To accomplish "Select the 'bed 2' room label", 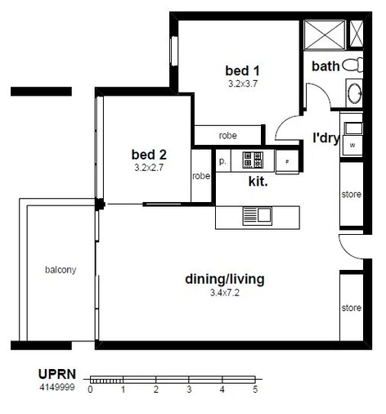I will [x=148, y=154].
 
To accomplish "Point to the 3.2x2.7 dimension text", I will [x=148, y=167].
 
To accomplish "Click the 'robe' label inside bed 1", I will [x=228, y=136].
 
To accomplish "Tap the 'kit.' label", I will [x=258, y=182].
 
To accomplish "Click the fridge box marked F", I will [x=287, y=161].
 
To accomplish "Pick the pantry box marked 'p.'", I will [x=222, y=161].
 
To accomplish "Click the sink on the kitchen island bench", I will [x=257, y=216].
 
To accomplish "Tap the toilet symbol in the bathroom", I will [x=352, y=65].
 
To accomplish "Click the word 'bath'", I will [x=325, y=66].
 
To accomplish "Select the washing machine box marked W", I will [x=352, y=145].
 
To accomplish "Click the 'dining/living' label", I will [x=224, y=280].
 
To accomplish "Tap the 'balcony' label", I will [x=61, y=269].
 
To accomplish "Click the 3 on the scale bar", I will [x=189, y=390].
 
